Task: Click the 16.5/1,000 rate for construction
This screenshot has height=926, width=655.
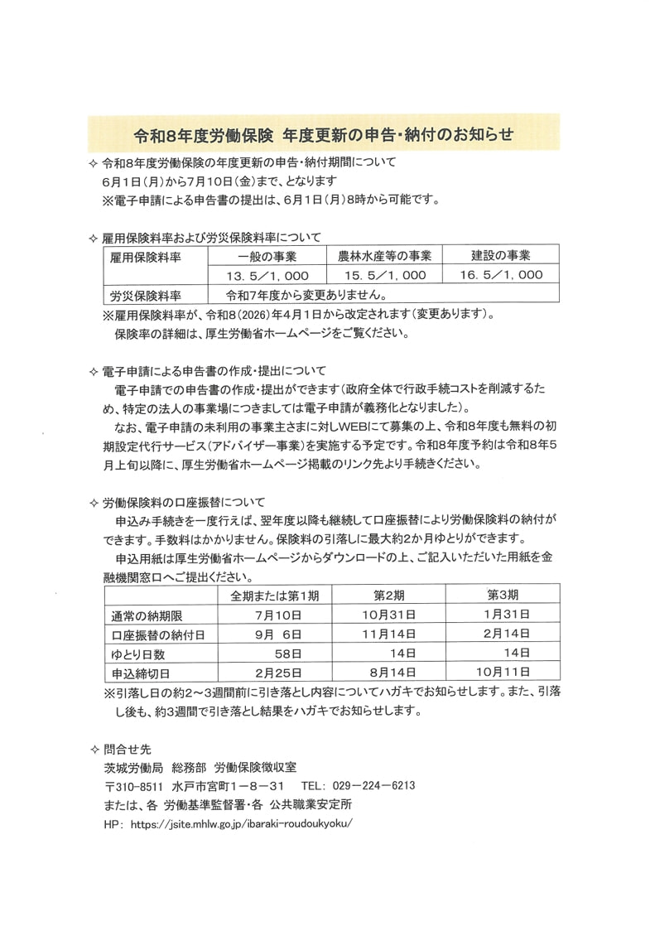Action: [x=501, y=275]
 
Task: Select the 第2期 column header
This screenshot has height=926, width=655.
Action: [x=388, y=596]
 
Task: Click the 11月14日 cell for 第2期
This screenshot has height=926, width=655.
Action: [x=388, y=634]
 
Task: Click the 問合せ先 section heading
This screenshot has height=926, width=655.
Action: [x=124, y=747]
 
